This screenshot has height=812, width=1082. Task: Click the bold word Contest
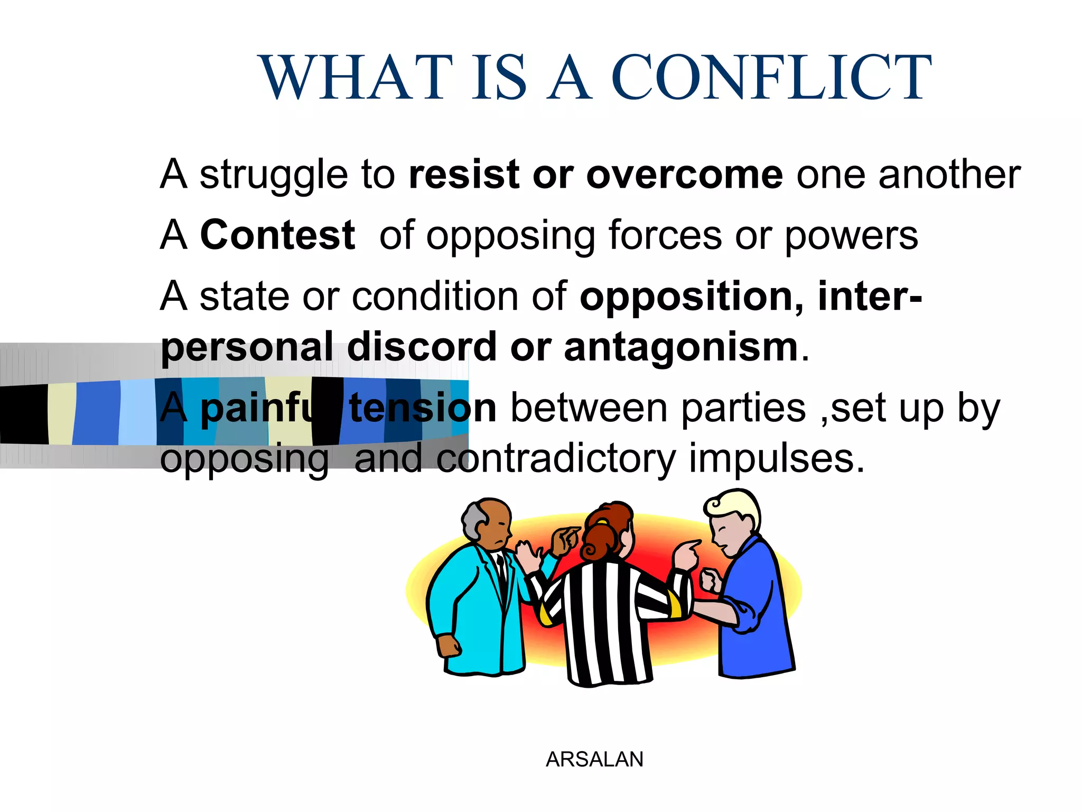click(277, 235)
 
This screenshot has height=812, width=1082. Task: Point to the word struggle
click(274, 176)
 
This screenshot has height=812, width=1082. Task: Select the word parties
click(743, 409)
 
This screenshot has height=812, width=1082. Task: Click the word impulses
click(777, 458)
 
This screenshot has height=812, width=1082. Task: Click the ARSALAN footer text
click(594, 760)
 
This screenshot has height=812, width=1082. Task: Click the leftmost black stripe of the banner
click(24, 414)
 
